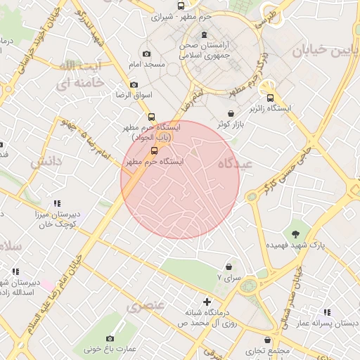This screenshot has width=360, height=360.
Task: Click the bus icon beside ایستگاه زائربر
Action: click(271, 98)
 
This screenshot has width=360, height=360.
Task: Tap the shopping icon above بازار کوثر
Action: click(231, 113)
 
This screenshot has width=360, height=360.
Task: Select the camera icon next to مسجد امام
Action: click(146, 54)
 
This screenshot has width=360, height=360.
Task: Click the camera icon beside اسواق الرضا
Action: click(134, 84)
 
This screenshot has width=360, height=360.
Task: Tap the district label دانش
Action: click(47, 162)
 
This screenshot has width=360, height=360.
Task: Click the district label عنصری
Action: click(146, 306)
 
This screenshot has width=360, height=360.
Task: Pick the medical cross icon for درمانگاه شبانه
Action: click(207, 302)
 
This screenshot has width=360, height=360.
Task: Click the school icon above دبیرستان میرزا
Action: click(57, 204)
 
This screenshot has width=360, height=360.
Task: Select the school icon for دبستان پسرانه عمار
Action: click(326, 312)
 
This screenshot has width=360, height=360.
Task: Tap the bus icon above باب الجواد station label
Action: click(151, 117)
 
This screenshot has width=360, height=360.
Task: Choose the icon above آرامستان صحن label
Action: click(204, 35)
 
